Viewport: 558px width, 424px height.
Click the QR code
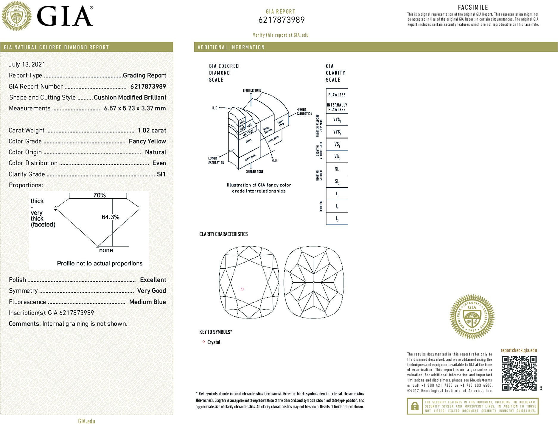[x=519, y=373]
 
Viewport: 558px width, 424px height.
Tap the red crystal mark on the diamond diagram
[x=242, y=289]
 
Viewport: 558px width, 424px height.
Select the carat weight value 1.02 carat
[x=152, y=130]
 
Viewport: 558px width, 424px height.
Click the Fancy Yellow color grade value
[x=147, y=141]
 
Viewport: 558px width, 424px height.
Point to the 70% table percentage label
[x=99, y=195]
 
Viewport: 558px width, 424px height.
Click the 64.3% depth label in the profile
[x=110, y=217]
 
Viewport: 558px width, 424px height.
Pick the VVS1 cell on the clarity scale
[x=337, y=120]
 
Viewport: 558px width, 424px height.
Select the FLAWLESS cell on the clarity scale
[x=337, y=95]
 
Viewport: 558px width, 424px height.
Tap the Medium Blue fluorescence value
[x=147, y=302]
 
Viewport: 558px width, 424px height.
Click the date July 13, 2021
[x=27, y=64]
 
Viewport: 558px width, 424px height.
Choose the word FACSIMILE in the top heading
[x=473, y=7]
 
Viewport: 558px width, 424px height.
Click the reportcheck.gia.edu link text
[x=519, y=350]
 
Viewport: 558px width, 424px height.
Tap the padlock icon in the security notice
[x=415, y=406]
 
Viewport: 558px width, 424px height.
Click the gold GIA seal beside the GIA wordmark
[x=17, y=16]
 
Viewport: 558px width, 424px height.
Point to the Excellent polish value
[x=153, y=280]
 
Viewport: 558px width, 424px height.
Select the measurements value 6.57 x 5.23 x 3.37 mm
[x=135, y=108]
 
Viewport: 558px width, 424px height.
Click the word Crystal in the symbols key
[x=214, y=342]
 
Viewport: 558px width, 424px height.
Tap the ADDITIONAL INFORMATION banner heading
[x=231, y=47]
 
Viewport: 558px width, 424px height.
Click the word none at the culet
[x=106, y=250]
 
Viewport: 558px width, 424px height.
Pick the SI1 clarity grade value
[x=161, y=174]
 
